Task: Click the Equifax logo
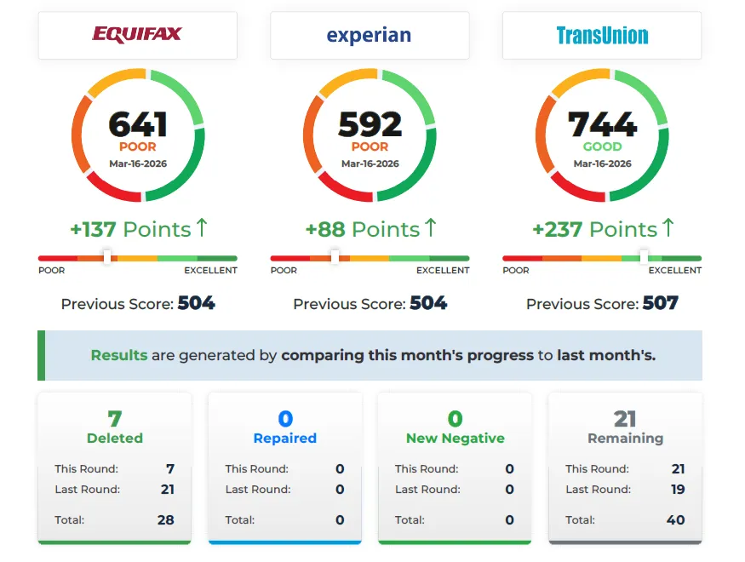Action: click(137, 34)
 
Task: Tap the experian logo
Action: click(369, 35)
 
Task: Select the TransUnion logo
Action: click(602, 35)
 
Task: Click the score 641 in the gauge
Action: click(138, 125)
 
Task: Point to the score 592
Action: click(370, 125)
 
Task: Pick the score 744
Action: click(602, 125)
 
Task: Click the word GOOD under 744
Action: click(602, 146)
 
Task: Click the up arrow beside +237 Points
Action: click(668, 228)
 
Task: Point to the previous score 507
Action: click(661, 303)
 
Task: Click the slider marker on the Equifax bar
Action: click(106, 257)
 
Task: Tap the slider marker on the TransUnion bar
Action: click(644, 257)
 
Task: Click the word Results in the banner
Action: click(119, 355)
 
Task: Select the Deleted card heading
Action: click(115, 438)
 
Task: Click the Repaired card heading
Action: click(285, 438)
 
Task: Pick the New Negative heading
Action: click(455, 438)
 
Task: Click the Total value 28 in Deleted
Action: click(165, 519)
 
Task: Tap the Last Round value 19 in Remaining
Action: click(676, 490)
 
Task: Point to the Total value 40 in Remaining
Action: click(676, 519)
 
